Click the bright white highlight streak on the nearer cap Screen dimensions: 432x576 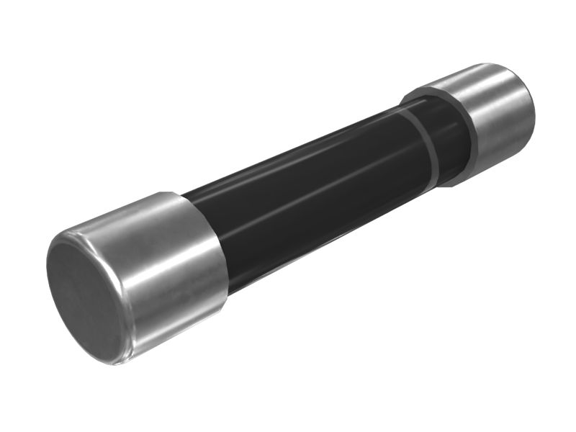[162, 238]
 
